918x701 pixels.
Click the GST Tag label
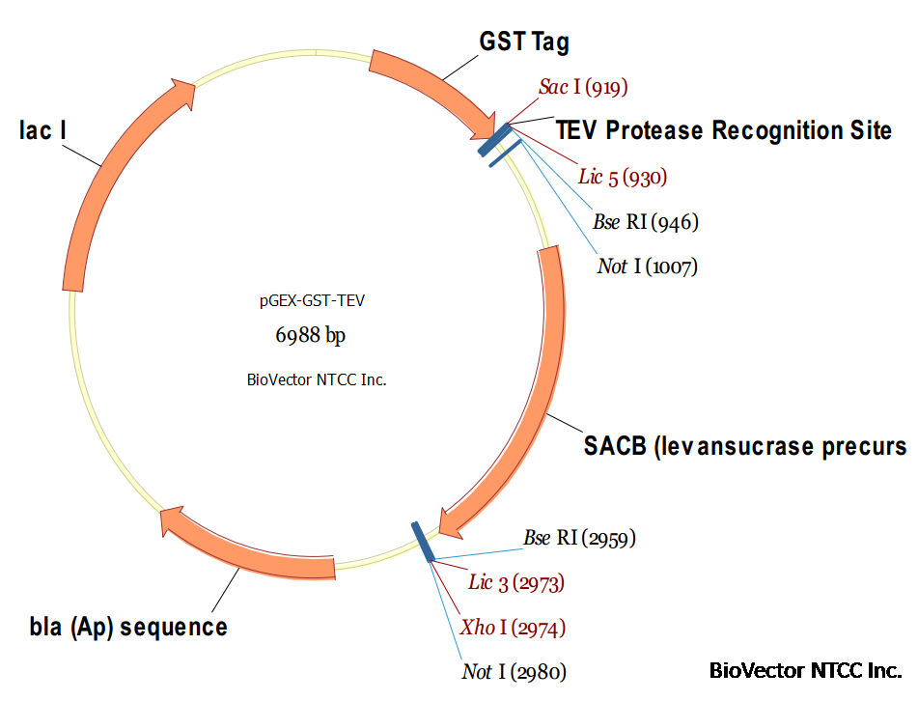tap(524, 42)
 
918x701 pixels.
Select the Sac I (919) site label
tap(583, 87)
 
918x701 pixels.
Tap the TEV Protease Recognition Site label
tap(724, 130)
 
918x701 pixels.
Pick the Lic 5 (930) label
tap(623, 177)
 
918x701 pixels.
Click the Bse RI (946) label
tap(646, 222)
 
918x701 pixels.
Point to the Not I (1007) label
tap(648, 266)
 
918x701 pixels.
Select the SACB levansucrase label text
tap(745, 446)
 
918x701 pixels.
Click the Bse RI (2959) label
tap(579, 538)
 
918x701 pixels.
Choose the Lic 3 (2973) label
tap(516, 582)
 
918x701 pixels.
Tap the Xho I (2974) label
tap(513, 628)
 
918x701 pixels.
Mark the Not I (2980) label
tap(515, 672)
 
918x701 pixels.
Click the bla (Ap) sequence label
tap(128, 628)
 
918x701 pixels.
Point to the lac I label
tap(42, 130)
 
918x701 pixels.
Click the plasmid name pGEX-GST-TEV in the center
tap(312, 301)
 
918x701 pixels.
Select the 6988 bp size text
tap(310, 335)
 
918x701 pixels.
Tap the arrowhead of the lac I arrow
tap(184, 93)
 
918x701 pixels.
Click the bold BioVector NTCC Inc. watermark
tap(806, 670)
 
